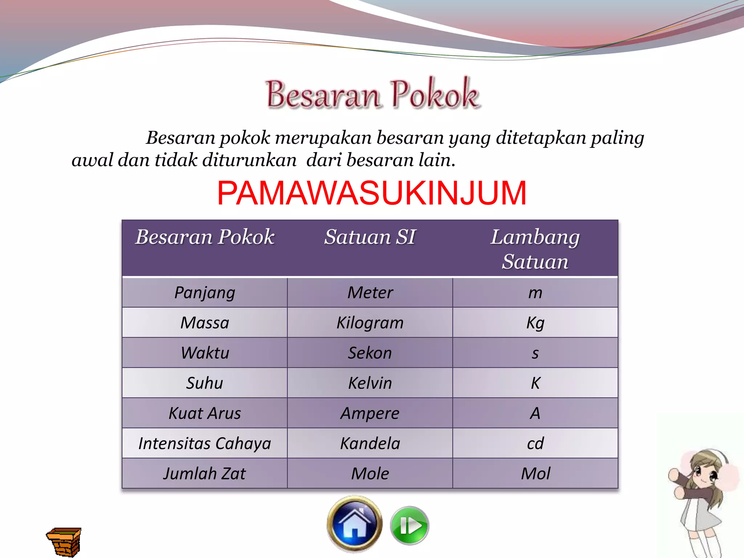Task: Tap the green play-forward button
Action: [x=409, y=526]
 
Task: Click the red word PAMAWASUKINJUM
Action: [x=372, y=193]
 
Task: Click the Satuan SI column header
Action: [x=370, y=237]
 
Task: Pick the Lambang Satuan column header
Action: [x=535, y=249]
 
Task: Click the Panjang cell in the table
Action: [x=205, y=293]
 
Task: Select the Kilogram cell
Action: [x=370, y=323]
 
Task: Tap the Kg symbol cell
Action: [x=535, y=323]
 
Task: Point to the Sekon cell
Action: [x=370, y=353]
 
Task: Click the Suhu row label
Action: [x=205, y=383]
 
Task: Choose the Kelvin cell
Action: [x=370, y=383]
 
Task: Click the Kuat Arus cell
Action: [x=205, y=413]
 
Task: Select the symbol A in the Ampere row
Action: [x=535, y=413]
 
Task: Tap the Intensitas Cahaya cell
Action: [x=205, y=444]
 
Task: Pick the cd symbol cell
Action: [x=535, y=444]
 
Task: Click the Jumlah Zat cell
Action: [x=205, y=474]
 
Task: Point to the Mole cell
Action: [x=370, y=474]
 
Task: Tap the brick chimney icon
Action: [x=64, y=541]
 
